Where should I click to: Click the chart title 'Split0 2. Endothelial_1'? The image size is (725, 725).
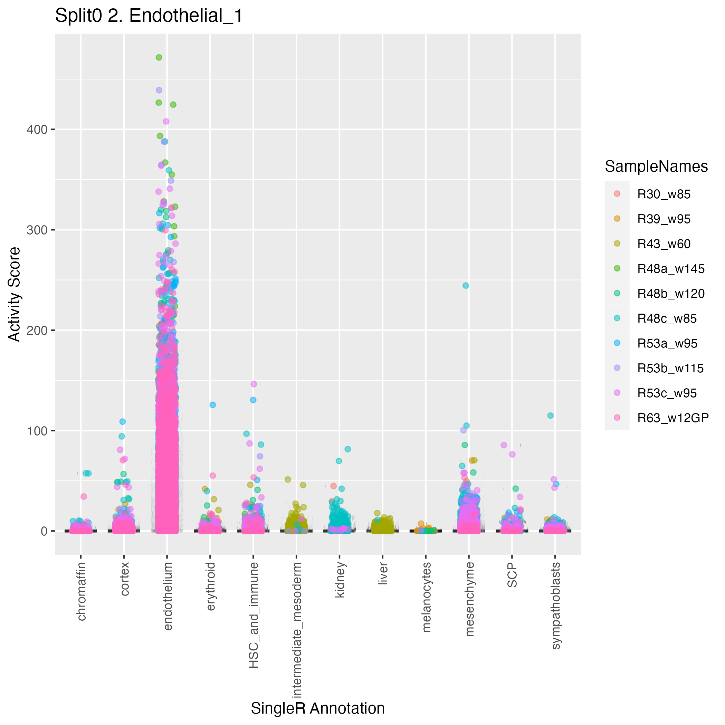(149, 16)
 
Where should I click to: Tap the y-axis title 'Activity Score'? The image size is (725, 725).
(15, 294)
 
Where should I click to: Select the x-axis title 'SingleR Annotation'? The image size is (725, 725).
(317, 708)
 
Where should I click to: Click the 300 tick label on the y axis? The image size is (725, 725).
(37, 230)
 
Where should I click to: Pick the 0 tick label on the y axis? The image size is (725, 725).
(44, 531)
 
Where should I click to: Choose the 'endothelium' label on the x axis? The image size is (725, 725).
(168, 596)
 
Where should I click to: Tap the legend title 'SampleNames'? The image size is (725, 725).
(656, 166)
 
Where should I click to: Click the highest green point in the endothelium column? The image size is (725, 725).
(159, 57)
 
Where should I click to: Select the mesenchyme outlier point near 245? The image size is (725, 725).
(466, 286)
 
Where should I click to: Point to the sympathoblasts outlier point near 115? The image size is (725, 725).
(551, 416)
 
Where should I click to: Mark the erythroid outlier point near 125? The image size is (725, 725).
(213, 405)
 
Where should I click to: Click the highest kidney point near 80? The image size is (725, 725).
(348, 449)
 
